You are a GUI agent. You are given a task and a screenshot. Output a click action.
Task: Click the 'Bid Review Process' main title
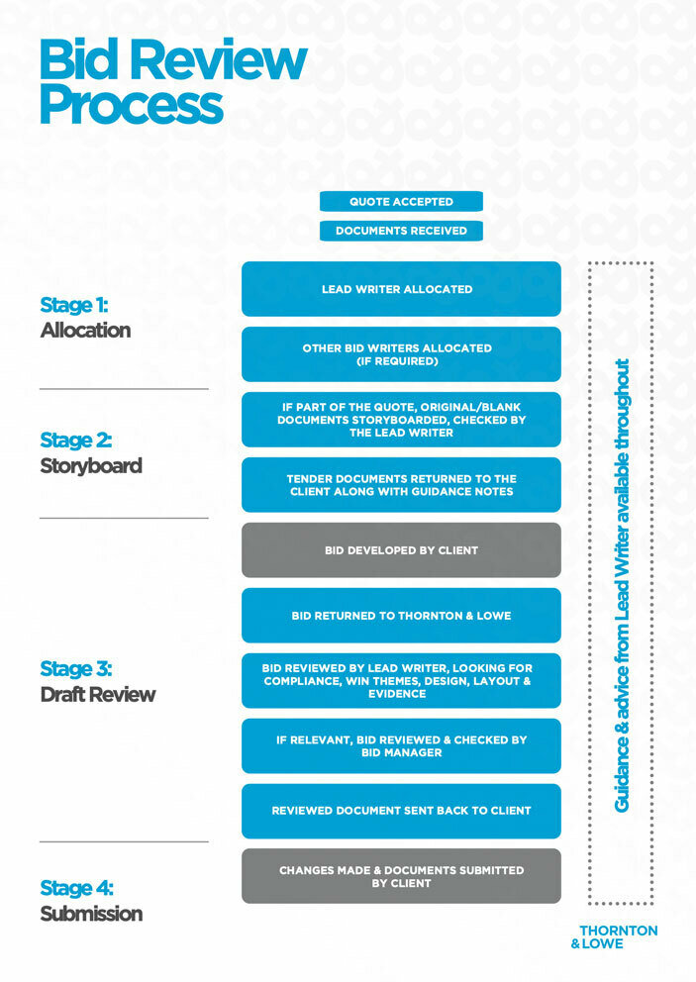(172, 82)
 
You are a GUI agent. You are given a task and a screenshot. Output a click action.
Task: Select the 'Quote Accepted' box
(401, 202)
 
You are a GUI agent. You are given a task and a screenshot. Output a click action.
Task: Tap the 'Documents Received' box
(401, 231)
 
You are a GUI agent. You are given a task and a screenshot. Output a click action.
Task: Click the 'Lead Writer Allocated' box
(401, 289)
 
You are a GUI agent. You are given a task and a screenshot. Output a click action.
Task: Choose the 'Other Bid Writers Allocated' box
(401, 354)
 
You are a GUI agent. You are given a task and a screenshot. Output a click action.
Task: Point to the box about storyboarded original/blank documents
(401, 420)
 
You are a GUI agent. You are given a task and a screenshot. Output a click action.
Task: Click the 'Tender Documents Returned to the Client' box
(401, 485)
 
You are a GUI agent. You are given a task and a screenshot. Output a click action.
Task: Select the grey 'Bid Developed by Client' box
(401, 550)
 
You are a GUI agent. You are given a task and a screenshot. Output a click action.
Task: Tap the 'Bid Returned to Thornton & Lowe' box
(401, 616)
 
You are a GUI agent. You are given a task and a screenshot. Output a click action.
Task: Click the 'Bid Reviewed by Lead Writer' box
(401, 681)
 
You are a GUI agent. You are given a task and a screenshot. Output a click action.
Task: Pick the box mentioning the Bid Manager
(401, 746)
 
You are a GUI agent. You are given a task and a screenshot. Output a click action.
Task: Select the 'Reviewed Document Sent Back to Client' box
(401, 811)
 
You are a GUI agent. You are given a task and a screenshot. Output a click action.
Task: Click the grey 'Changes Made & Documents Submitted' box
(401, 876)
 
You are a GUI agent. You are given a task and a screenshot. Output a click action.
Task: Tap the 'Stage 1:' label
(74, 305)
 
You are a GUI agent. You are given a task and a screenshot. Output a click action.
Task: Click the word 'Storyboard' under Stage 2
(91, 465)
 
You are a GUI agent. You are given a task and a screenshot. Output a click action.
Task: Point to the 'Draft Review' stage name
(97, 694)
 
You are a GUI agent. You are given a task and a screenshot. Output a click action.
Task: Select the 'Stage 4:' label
(76, 888)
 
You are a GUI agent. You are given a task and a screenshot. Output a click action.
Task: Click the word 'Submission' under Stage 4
(91, 914)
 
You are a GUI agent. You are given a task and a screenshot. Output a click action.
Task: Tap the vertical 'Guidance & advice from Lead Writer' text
(622, 585)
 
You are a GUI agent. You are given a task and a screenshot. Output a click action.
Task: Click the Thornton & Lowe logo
(615, 936)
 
